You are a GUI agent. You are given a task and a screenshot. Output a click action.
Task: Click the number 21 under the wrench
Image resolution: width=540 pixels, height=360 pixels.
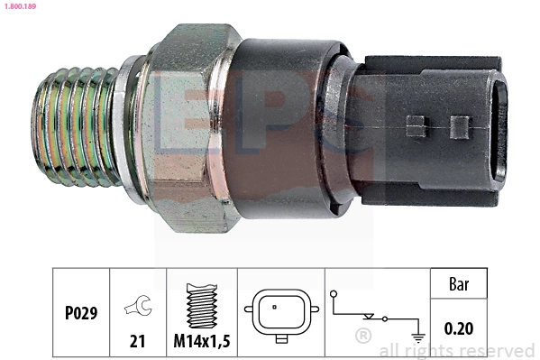(137, 341)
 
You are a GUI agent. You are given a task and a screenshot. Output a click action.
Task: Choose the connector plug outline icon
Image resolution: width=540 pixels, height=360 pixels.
(280, 316)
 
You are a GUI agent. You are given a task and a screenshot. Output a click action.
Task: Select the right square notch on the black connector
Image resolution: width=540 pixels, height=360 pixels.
(460, 125)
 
